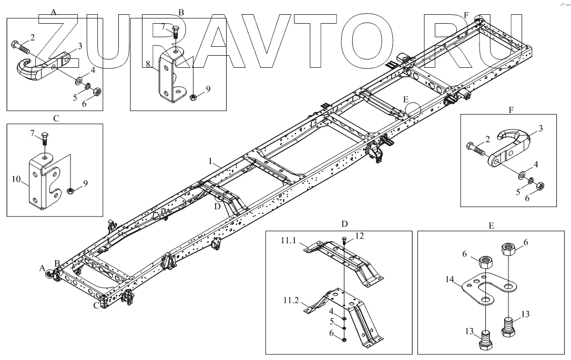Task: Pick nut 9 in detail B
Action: point(193,97)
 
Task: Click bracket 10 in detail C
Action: point(45,181)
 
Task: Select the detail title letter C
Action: point(56,118)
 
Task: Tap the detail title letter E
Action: point(491,225)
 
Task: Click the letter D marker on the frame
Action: point(217,205)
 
